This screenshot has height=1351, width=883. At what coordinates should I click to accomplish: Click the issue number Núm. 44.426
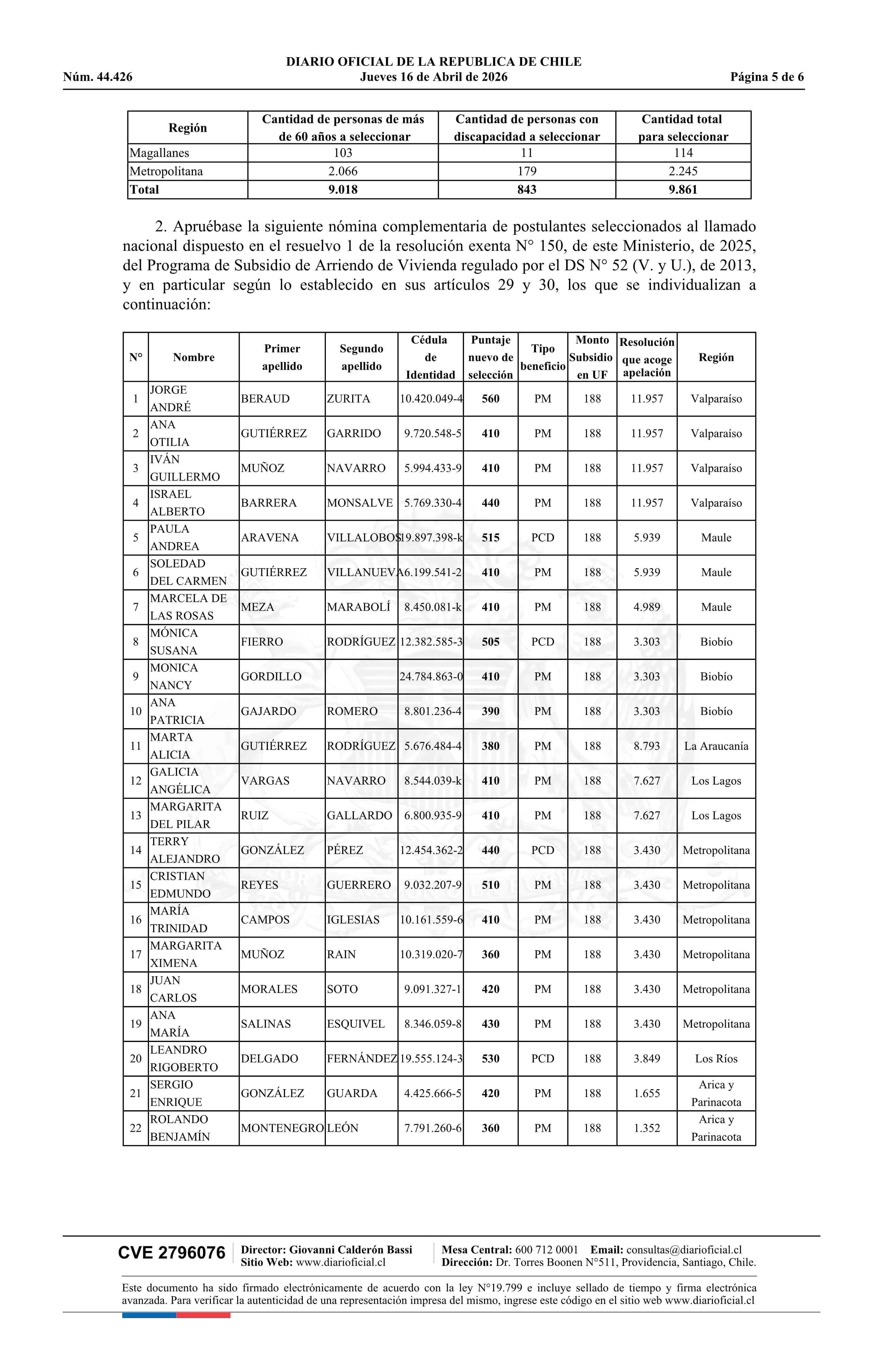pos(98,77)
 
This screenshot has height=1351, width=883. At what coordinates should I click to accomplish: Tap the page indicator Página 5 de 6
pos(767,77)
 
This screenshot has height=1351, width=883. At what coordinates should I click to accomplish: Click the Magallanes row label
pos(160,153)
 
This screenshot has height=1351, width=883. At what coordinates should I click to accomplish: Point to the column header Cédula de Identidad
pos(430,357)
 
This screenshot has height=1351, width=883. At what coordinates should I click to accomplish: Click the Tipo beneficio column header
pos(543,357)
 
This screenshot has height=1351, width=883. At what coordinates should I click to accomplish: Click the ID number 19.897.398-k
pos(431,538)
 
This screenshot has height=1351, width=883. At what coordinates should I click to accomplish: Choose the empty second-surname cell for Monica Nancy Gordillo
pos(361,677)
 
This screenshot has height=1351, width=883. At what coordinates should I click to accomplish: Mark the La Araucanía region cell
pos(716,746)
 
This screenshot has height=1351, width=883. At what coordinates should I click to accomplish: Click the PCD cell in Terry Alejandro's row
pos(543,850)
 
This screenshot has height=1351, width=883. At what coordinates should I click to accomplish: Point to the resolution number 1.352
pos(646,1128)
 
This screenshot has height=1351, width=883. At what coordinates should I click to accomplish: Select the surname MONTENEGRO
pos(282,1128)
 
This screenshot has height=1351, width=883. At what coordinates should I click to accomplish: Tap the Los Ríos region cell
pos(716,1059)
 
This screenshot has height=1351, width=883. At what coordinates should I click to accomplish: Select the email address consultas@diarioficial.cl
pos(684,1250)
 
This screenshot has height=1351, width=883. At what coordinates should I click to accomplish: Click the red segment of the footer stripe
pos(203,1315)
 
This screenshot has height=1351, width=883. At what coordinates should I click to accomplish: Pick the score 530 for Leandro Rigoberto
pos(490,1059)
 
